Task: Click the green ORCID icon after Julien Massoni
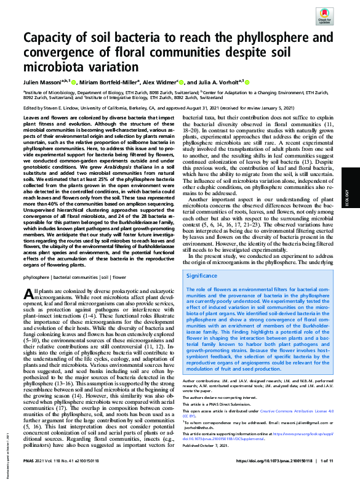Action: [x=84, y=82]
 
